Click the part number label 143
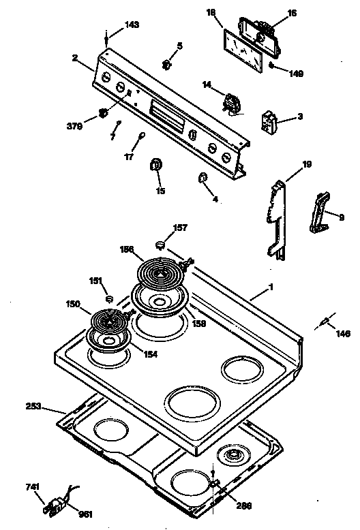(132, 25)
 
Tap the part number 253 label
(33, 407)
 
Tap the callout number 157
(179, 227)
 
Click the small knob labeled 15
(155, 165)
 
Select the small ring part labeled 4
(202, 178)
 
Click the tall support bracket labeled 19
(277, 218)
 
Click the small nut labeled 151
(109, 298)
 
